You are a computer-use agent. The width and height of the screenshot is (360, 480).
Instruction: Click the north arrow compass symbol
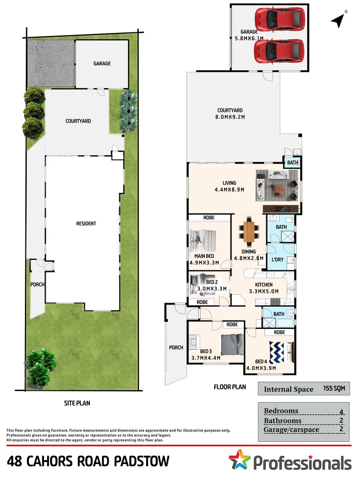click(339, 20)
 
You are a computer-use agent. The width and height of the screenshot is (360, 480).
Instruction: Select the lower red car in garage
click(279, 51)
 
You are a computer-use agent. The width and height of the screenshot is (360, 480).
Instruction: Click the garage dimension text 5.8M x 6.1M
click(249, 38)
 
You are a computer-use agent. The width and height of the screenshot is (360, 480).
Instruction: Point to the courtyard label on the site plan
click(78, 121)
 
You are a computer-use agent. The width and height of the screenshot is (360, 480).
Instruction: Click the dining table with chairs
click(250, 231)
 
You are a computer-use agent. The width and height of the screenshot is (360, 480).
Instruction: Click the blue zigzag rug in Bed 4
click(277, 351)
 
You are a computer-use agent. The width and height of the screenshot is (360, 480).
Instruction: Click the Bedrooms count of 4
click(341, 412)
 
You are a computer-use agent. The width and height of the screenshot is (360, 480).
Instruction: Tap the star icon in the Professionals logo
click(240, 460)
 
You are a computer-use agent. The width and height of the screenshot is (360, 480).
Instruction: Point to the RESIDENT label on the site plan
click(86, 224)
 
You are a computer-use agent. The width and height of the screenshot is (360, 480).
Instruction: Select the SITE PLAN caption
click(79, 404)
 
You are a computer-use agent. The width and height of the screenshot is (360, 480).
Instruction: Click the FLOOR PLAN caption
click(230, 387)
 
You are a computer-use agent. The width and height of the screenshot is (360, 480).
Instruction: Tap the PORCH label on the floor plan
click(176, 348)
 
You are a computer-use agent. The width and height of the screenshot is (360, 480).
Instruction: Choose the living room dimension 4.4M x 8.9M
click(229, 190)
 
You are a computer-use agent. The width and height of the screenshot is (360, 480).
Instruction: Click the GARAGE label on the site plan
click(102, 64)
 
